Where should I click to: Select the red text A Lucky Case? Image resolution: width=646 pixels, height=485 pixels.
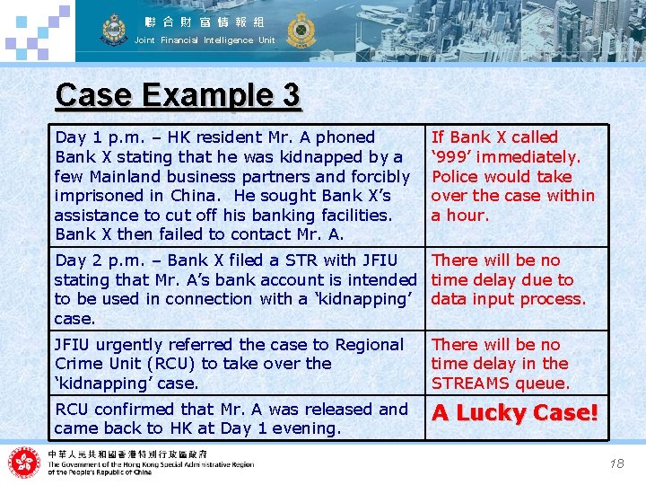click(x=515, y=413)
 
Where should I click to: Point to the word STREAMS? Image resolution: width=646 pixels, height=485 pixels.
click(x=476, y=384)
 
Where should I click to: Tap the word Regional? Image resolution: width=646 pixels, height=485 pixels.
click(x=368, y=345)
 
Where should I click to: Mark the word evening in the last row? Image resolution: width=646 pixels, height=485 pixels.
click(x=310, y=429)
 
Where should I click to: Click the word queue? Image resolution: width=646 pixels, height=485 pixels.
click(x=547, y=384)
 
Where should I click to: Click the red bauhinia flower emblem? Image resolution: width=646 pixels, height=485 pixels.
click(x=24, y=463)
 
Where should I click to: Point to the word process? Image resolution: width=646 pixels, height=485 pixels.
click(x=554, y=299)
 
